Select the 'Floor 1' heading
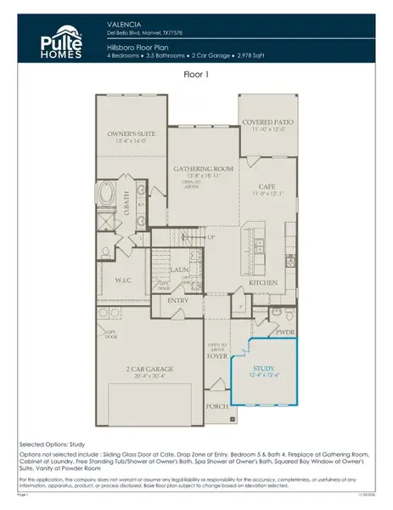pyautogui.click(x=196, y=75)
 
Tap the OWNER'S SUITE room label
pyautogui.click(x=132, y=133)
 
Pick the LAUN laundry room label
pyautogui.click(x=178, y=269)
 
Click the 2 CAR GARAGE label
pyautogui.click(x=149, y=369)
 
